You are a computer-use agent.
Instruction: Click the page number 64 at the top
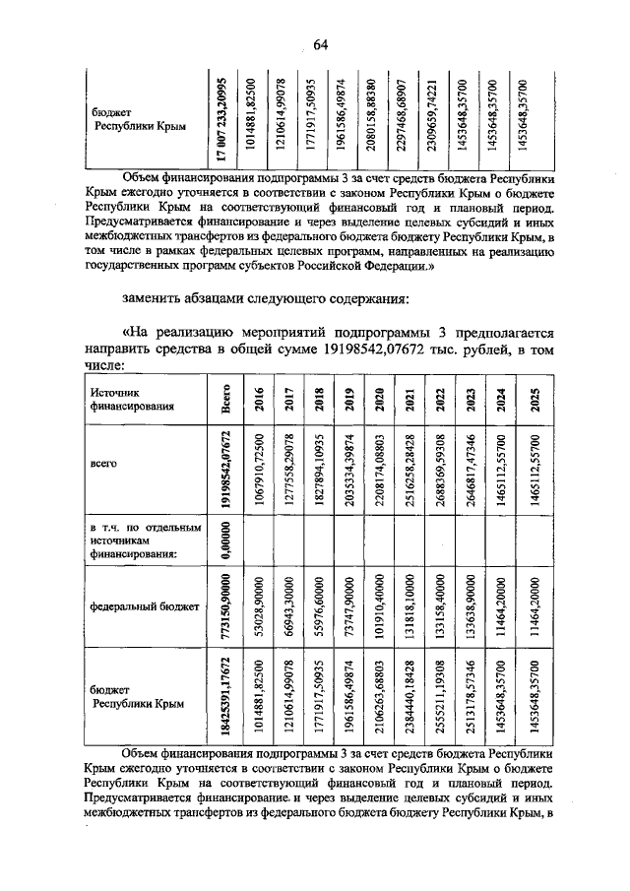tap(321, 44)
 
